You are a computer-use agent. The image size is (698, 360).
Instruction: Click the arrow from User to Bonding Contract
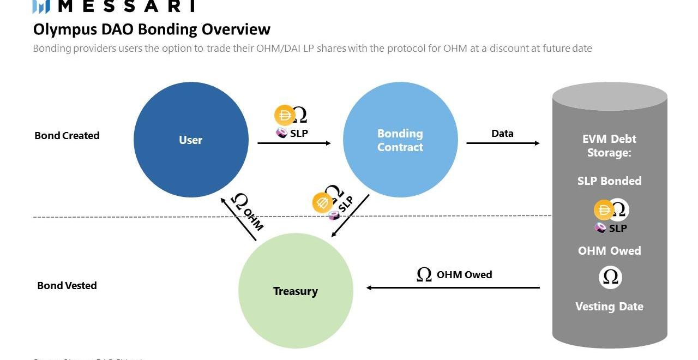click(294, 143)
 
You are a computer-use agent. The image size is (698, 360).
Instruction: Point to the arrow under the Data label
click(503, 143)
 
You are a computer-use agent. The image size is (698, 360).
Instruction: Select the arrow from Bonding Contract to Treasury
click(351, 216)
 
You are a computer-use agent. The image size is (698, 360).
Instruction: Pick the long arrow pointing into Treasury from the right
click(453, 287)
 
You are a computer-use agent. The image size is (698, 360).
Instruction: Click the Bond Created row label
click(67, 136)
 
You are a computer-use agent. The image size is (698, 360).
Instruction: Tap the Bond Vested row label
click(67, 285)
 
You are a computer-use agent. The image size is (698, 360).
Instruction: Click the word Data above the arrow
click(502, 133)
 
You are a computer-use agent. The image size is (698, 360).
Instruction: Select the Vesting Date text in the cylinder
click(609, 307)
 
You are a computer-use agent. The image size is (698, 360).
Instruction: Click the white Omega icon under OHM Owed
click(610, 278)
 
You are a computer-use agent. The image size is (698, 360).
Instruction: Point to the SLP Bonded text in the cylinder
click(609, 181)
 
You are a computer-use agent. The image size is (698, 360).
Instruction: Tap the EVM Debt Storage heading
click(609, 146)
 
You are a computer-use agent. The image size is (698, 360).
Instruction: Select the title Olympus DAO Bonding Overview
click(152, 29)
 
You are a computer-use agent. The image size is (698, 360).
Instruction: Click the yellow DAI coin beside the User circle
click(285, 115)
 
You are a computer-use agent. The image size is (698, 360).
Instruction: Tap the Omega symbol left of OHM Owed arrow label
click(424, 274)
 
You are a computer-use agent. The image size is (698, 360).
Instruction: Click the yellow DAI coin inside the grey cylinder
click(604, 210)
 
